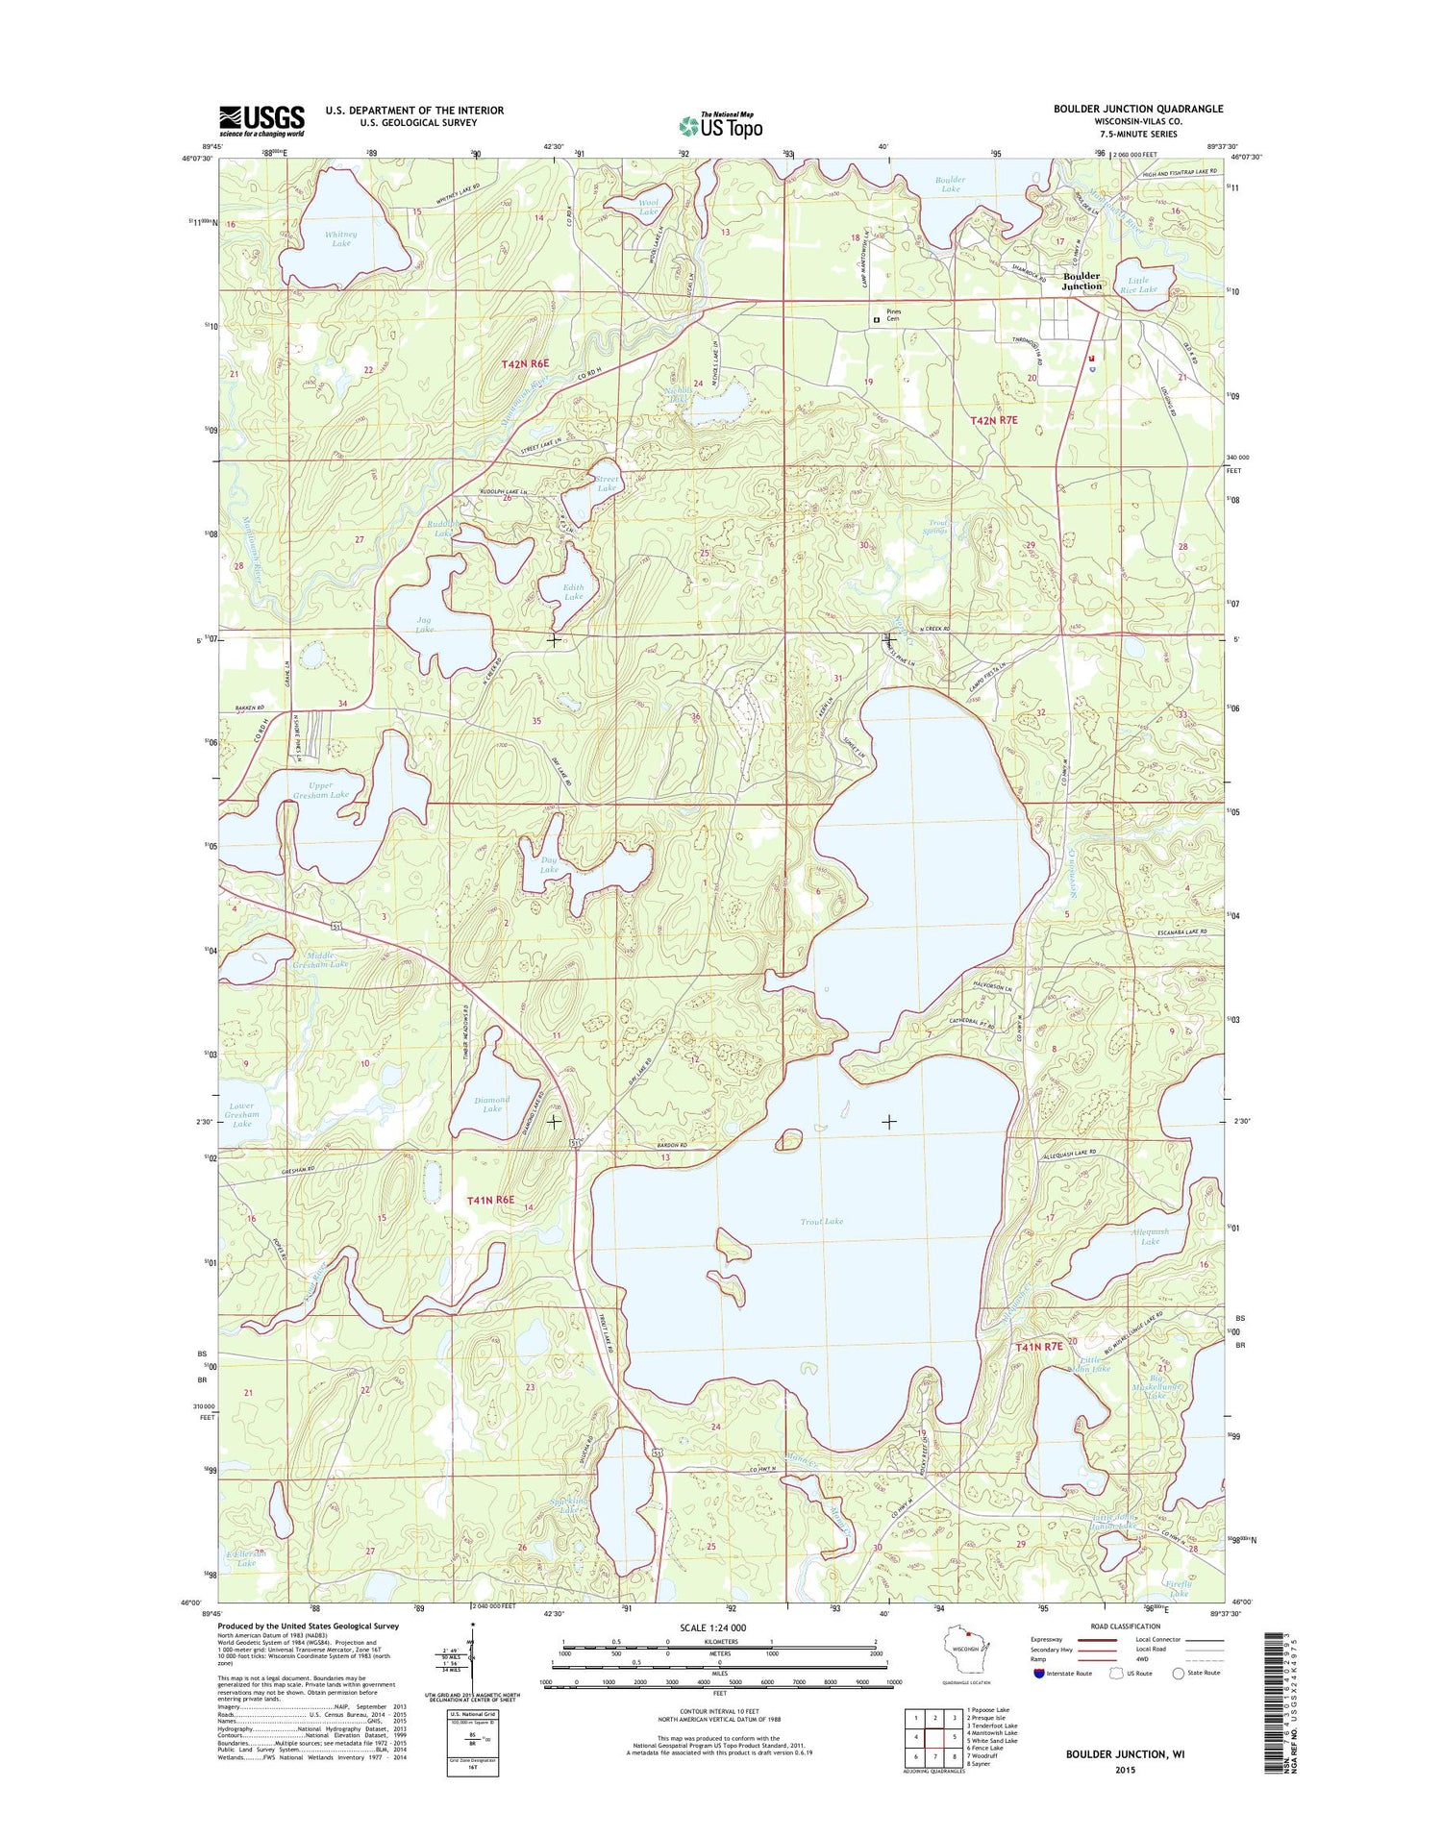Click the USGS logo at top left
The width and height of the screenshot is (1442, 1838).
pyautogui.click(x=261, y=120)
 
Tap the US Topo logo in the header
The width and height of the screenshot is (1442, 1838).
pyautogui.click(x=721, y=125)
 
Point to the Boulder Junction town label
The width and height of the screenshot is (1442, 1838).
pyautogui.click(x=1081, y=281)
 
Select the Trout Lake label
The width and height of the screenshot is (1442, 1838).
pyautogui.click(x=821, y=1221)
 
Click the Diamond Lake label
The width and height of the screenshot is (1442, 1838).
pyautogui.click(x=492, y=1104)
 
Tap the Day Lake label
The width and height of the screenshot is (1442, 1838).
pyautogui.click(x=549, y=864)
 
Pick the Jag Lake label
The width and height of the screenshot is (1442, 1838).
pyautogui.click(x=425, y=624)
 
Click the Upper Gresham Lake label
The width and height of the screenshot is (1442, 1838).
pyautogui.click(x=321, y=790)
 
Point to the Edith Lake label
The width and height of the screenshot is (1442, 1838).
pyautogui.click(x=574, y=591)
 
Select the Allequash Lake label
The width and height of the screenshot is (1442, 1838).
pyautogui.click(x=1150, y=1236)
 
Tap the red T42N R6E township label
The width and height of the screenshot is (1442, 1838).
pyautogui.click(x=525, y=363)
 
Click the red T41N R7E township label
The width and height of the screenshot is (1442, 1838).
pyautogui.click(x=1039, y=1347)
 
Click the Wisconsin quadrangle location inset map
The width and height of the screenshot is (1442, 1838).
pyautogui.click(x=965, y=1660)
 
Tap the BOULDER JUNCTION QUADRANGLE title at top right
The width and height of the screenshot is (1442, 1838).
pyautogui.click(x=1138, y=109)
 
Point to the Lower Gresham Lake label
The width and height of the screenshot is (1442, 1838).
pyautogui.click(x=241, y=1114)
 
